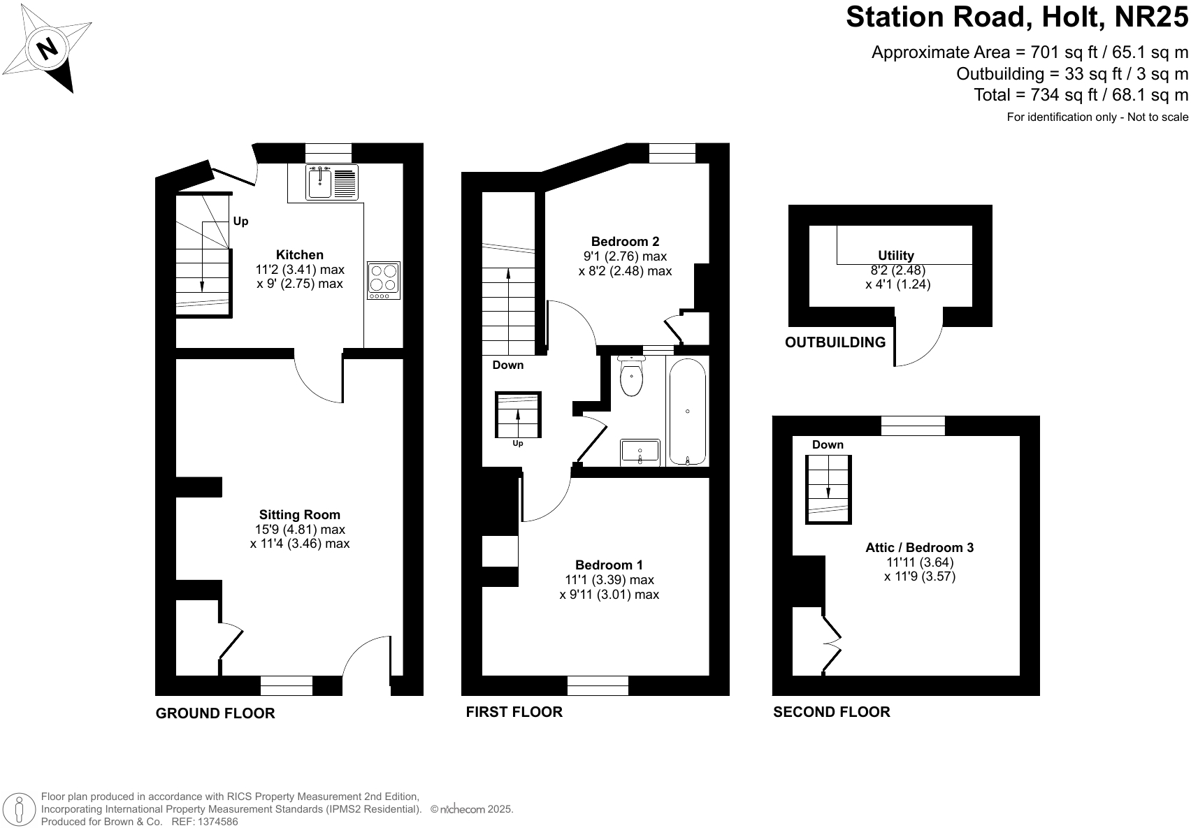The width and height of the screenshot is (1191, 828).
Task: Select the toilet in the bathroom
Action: pos(631,378)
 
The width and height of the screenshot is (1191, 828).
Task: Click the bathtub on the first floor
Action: pos(688,412)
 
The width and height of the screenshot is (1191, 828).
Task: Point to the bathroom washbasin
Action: pos(640,452)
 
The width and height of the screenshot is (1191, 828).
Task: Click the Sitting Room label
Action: pos(300,515)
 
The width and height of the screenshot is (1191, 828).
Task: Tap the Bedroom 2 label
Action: pos(625,242)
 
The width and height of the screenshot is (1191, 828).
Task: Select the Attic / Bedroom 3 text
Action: pos(919,548)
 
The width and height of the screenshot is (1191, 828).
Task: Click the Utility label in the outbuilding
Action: pos(896,256)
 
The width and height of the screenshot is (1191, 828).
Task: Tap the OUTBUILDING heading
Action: pos(835,342)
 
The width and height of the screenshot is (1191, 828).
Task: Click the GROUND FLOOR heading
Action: pos(215,713)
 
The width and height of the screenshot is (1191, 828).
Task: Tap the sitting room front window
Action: pos(287,685)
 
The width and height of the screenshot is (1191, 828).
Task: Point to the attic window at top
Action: pos(913,426)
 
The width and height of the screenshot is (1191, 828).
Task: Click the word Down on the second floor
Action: pos(828,445)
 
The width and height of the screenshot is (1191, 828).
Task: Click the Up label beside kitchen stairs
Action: pos(240,221)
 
